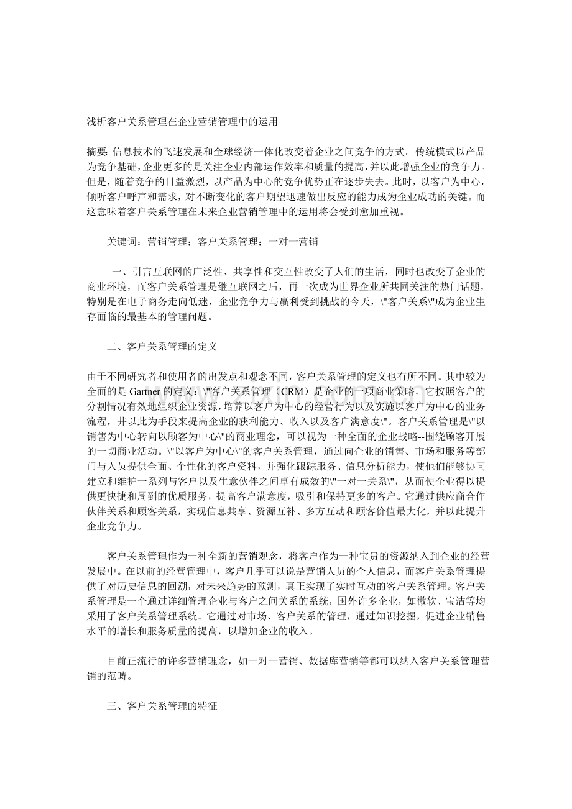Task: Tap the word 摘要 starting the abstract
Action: [x=96, y=153]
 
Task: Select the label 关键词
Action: [x=121, y=241]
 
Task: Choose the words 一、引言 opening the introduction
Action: [x=128, y=272]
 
